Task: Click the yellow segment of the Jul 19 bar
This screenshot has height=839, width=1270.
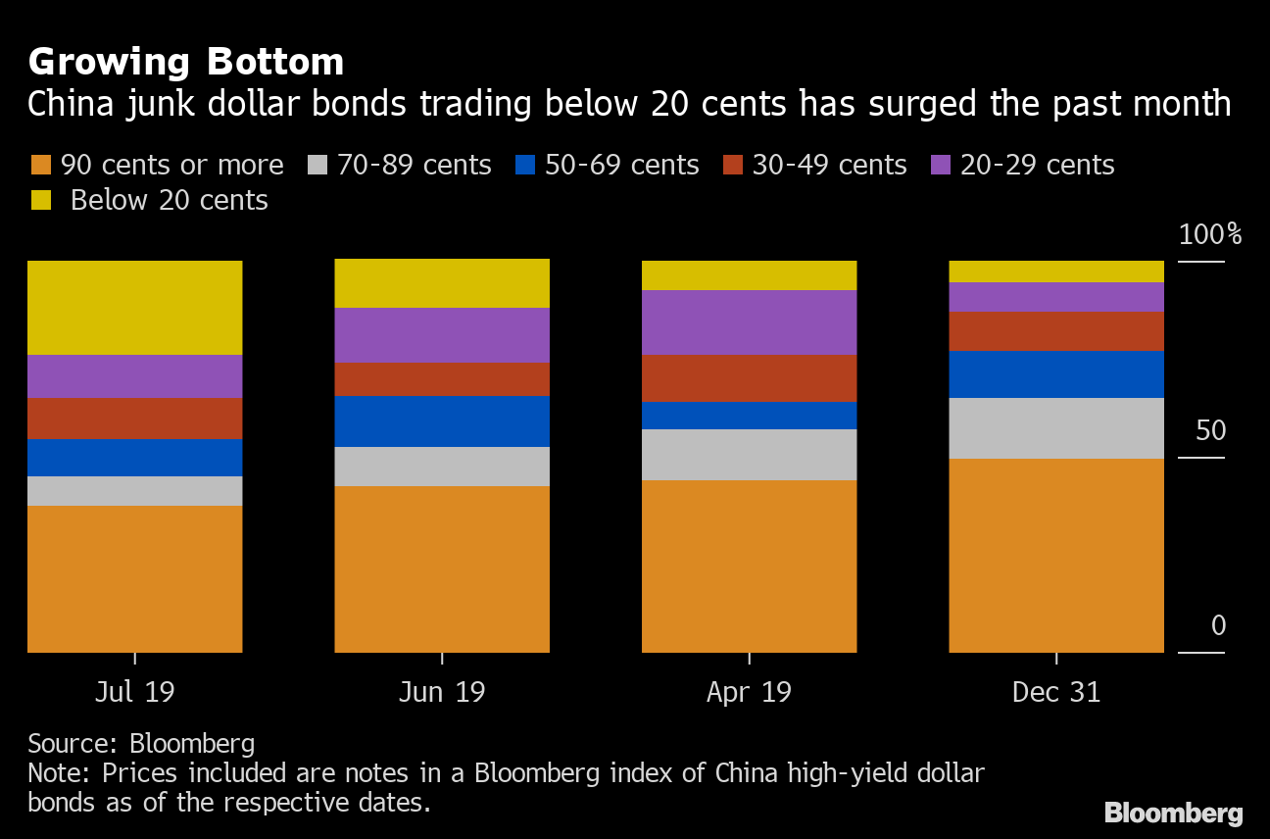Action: tap(134, 307)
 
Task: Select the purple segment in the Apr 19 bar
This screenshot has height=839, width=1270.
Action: tap(749, 321)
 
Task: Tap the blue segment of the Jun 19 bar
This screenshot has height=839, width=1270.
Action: tap(442, 420)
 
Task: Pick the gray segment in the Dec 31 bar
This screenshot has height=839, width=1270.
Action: tap(1056, 427)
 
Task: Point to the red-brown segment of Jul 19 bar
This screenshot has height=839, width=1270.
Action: tap(134, 418)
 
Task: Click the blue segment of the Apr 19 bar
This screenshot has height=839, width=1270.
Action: tap(749, 415)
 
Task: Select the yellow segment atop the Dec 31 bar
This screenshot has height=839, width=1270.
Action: tap(1056, 271)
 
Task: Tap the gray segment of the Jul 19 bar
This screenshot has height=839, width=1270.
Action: tap(134, 490)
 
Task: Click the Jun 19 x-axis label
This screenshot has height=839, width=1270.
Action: tap(442, 692)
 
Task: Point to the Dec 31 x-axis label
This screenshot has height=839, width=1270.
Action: tap(1056, 692)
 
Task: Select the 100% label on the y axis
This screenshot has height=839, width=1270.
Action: tap(1209, 235)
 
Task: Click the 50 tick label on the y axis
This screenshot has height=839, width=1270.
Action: tap(1210, 430)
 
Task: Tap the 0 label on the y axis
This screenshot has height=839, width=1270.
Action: tap(1218, 625)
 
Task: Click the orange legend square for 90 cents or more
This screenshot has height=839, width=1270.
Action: tap(41, 165)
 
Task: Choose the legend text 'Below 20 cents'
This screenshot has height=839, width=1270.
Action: tap(169, 200)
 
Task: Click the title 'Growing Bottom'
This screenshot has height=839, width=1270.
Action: tap(186, 62)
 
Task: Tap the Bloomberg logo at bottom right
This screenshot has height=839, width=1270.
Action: tap(1173, 812)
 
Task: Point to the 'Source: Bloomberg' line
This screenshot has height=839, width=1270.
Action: tap(141, 742)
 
